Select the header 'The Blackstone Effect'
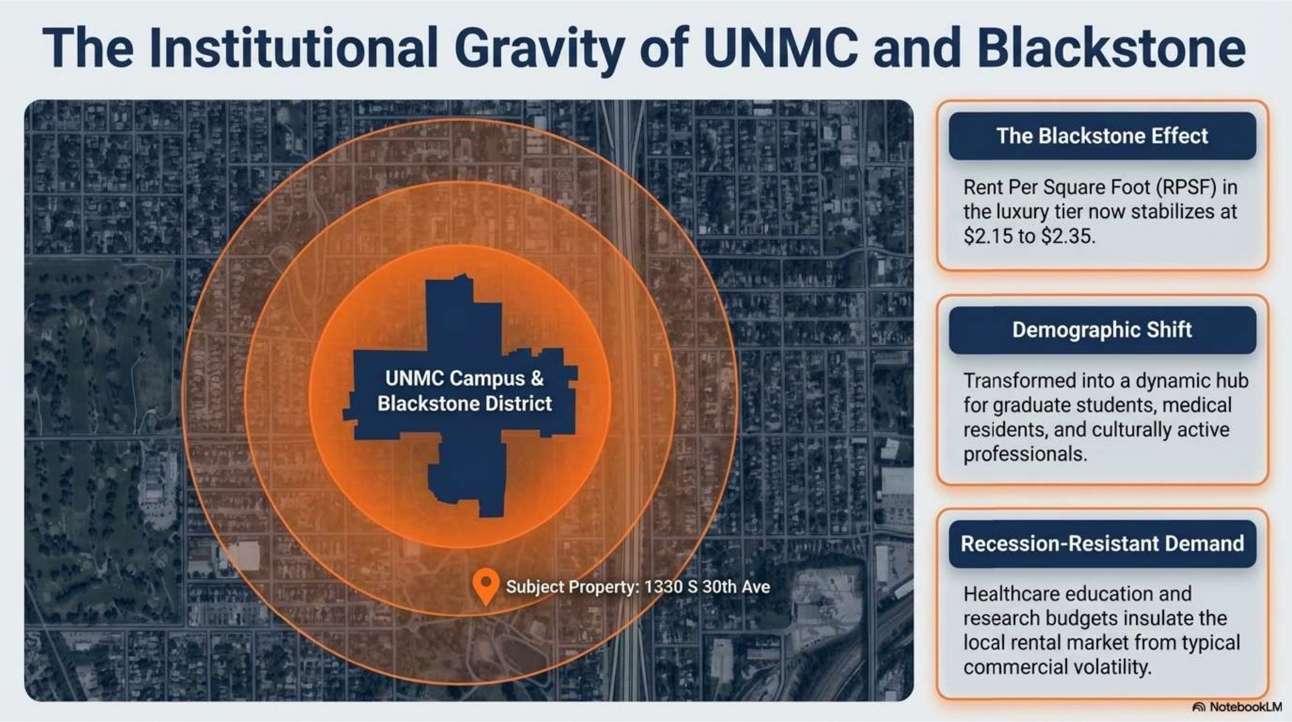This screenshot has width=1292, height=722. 1102,136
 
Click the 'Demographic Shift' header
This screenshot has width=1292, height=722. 1102,330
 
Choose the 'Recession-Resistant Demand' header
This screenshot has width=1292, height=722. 1103,543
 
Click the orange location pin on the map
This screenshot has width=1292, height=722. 485,586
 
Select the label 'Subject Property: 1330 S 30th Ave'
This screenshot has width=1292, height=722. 638,587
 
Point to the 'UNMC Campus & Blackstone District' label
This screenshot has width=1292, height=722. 464,390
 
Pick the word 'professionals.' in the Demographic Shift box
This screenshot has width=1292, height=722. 1025,454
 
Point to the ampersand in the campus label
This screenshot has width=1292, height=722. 537,378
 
